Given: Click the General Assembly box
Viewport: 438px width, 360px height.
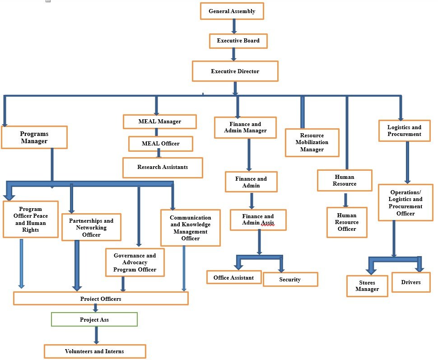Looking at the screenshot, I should (232, 11).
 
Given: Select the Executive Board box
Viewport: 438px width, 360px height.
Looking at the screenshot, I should (238, 41).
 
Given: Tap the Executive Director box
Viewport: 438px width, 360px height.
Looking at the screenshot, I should (235, 71).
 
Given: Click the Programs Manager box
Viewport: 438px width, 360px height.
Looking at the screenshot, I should (34, 137).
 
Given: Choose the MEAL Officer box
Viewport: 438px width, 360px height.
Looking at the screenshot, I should (161, 144).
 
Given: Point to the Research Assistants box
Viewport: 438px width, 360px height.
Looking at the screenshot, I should (163, 167).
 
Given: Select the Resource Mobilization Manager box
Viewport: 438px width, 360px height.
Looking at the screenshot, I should (312, 142).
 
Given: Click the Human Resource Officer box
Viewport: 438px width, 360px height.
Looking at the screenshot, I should (347, 222).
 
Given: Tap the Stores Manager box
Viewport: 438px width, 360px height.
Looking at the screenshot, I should (367, 286).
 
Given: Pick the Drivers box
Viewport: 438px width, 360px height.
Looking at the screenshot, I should (410, 282).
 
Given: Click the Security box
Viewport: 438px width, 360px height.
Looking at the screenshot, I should (290, 280).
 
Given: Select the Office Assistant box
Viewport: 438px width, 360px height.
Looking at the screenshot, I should (234, 277).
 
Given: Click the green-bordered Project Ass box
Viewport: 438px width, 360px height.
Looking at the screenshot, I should (94, 319).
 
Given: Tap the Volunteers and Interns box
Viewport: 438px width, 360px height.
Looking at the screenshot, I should (95, 351).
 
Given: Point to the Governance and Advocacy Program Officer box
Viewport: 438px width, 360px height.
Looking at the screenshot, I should (135, 262).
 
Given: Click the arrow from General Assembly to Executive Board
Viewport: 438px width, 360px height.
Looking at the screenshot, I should (234, 26).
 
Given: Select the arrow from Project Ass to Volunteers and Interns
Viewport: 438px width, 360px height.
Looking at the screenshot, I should (96, 335).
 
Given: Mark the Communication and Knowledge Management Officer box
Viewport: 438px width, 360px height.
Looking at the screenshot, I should (190, 228).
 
